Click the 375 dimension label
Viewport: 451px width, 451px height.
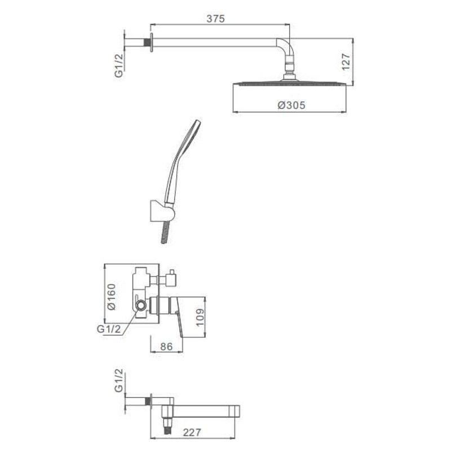coord(215,19)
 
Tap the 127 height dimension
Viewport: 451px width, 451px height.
coord(346,61)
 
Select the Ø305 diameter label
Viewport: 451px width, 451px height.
coord(291,105)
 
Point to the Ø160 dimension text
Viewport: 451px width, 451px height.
coord(111,297)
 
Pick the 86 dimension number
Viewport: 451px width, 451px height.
coord(166,347)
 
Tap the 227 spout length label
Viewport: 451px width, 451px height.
coord(192,432)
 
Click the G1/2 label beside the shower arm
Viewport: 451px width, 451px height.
coord(119,65)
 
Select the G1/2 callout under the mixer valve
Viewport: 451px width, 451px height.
coord(109,329)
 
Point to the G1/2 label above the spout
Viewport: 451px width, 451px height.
coord(119,380)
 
